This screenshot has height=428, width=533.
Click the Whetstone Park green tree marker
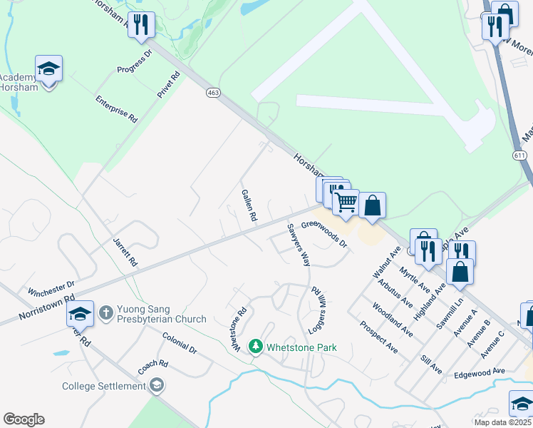256,347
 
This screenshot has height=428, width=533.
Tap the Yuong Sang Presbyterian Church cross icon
105,312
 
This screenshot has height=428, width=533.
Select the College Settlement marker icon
157,386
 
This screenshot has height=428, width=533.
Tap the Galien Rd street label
249,205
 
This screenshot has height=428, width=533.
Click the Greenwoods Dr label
324,234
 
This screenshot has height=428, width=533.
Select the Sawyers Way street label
299,245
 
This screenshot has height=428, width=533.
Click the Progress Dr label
135,62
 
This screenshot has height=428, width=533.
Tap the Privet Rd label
169,84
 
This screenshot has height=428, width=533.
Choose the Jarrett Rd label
124,251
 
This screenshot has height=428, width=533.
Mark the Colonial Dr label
179,343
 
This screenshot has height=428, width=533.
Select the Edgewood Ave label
479,372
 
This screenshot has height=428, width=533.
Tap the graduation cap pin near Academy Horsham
48,69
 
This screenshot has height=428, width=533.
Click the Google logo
24,419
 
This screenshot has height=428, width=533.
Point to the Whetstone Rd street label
238,328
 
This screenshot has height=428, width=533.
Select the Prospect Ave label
378,337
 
